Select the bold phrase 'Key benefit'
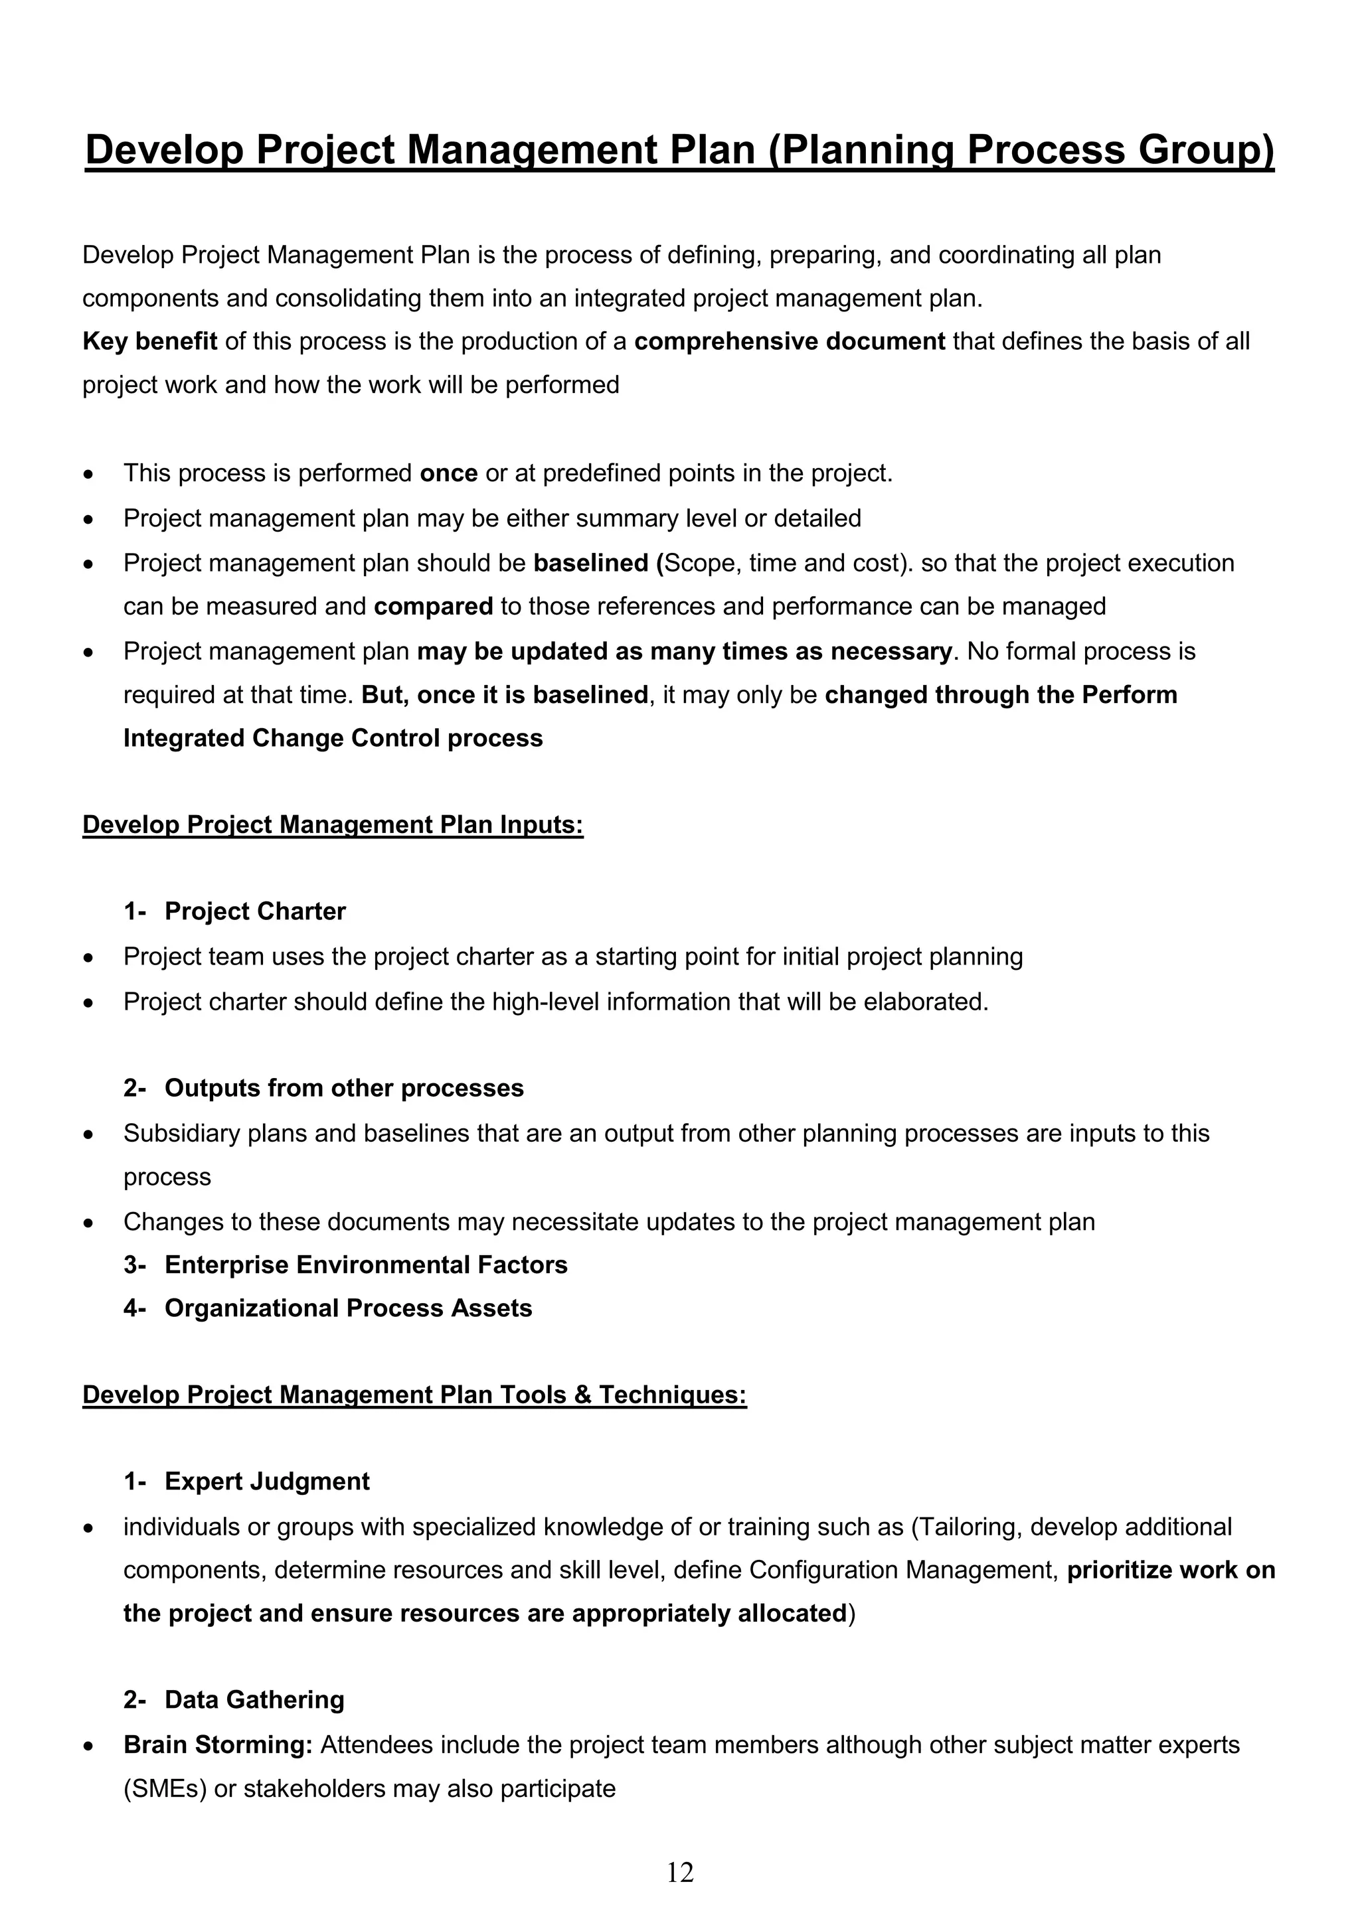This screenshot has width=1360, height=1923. (150, 342)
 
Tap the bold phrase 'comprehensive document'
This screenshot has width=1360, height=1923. (790, 342)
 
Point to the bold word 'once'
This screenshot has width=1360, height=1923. (448, 474)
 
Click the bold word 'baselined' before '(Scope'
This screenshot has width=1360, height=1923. (591, 564)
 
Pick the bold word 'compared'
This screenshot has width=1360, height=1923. (433, 607)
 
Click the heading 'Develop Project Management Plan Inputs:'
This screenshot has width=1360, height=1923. (333, 825)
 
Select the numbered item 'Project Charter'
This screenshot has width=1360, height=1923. (255, 911)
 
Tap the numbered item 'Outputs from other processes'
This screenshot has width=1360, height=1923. (343, 1088)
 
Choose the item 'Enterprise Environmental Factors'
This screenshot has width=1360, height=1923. (365, 1265)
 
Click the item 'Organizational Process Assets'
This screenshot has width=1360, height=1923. (348, 1308)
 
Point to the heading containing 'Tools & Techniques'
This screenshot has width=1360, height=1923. (414, 1395)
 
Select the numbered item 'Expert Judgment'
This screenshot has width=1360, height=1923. (266, 1482)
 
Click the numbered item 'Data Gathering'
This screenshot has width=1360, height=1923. (254, 1700)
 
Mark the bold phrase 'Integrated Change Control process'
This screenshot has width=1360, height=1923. (333, 739)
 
